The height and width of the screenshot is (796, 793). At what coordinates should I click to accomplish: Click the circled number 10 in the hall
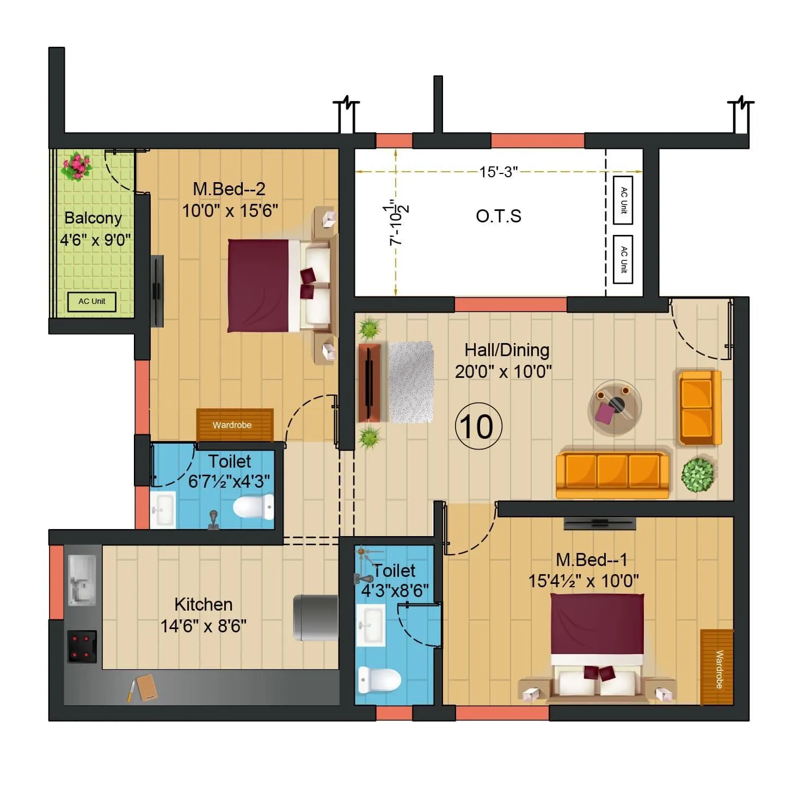point(478,426)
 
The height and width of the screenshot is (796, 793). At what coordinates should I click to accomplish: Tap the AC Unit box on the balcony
point(91,302)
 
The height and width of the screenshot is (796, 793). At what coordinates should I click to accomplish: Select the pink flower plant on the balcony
point(76,166)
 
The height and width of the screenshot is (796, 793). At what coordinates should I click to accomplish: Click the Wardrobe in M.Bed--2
point(234,424)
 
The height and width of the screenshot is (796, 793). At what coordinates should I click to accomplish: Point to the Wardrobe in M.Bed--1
point(716,667)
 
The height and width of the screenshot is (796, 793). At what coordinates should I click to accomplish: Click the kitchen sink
point(83,580)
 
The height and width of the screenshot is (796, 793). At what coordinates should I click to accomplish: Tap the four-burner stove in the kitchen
point(82,646)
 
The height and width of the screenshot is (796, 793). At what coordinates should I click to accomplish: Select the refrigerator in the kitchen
point(316,618)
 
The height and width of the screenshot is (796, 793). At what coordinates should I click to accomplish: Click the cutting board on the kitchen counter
point(146,688)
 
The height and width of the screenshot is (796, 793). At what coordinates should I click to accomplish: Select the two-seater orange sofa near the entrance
point(699,408)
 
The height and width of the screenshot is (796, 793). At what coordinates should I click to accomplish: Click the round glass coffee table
point(616,407)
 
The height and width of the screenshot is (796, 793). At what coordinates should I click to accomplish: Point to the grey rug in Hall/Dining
point(411,382)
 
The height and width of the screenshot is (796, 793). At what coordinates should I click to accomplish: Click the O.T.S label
point(499,216)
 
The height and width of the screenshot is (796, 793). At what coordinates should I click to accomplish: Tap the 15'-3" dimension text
point(498,172)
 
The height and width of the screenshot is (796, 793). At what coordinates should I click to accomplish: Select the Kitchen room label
point(203,605)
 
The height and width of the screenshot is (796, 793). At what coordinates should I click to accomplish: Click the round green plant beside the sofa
point(697,475)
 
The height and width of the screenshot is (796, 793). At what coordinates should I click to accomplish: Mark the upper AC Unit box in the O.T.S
point(623,200)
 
